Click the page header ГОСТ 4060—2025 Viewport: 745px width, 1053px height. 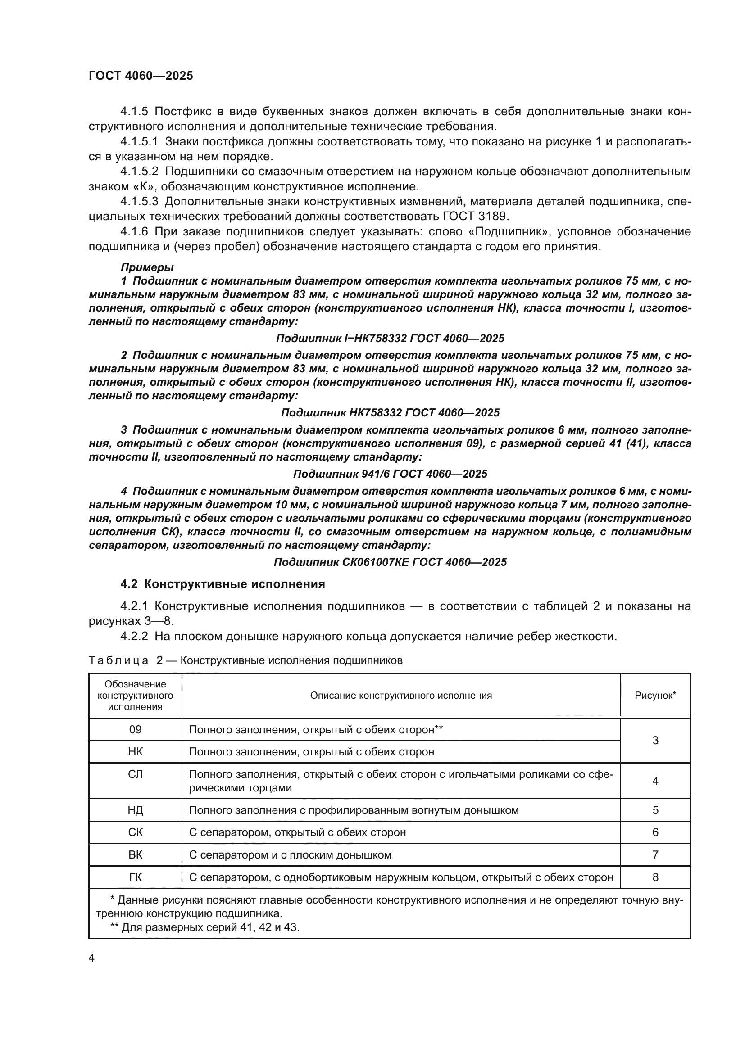pos(141,76)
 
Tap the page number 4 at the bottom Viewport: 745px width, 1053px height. pos(91,958)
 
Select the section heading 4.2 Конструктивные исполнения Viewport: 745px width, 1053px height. pos(223,584)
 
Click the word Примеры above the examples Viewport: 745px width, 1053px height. pos(147,267)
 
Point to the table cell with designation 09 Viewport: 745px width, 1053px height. pos(135,729)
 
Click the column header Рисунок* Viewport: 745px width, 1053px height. pos(655,695)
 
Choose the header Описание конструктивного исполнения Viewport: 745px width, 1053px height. pos(401,695)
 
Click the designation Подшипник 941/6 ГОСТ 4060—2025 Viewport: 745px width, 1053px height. pos(390,474)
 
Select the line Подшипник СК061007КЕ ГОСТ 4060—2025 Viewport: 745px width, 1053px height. pos(390,562)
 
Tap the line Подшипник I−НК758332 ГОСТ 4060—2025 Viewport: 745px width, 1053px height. pos(390,339)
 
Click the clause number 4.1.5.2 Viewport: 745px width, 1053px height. pos(139,172)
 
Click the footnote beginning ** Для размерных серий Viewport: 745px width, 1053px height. pos(204,927)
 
